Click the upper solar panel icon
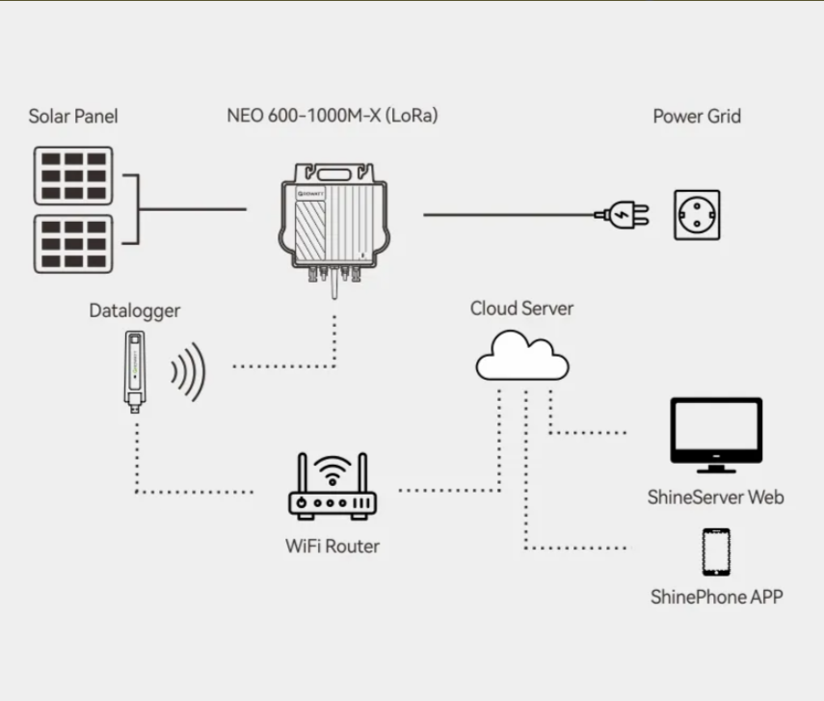point(73,175)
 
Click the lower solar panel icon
point(73,243)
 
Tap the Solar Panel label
point(73,117)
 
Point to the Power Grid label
point(697,116)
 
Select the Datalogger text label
point(135,310)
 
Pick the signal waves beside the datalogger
point(188,371)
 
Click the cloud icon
point(522,358)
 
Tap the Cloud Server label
point(521,309)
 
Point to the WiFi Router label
point(332,546)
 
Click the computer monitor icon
point(715,435)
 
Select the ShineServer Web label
point(715,498)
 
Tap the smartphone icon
point(715,553)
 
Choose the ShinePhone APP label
point(716,597)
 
